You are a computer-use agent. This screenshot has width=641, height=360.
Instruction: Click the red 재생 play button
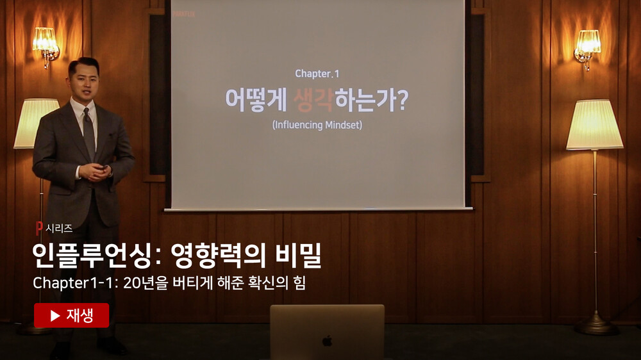(72, 315)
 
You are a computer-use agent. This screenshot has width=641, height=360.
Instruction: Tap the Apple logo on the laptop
(327, 341)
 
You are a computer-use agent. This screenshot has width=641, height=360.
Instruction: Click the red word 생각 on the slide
(313, 100)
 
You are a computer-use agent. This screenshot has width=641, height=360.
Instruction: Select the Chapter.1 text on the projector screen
(317, 74)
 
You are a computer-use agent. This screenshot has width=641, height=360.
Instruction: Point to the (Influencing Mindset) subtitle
(317, 125)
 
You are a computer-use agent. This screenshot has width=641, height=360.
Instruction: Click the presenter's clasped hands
(96, 172)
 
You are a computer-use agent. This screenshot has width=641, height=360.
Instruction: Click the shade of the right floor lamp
(594, 125)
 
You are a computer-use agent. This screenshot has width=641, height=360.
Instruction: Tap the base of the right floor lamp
(596, 325)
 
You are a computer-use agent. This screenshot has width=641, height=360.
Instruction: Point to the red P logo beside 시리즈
(39, 228)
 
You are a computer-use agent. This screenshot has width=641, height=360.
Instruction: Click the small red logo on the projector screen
(184, 14)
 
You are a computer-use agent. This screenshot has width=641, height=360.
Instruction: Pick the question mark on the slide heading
(403, 100)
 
